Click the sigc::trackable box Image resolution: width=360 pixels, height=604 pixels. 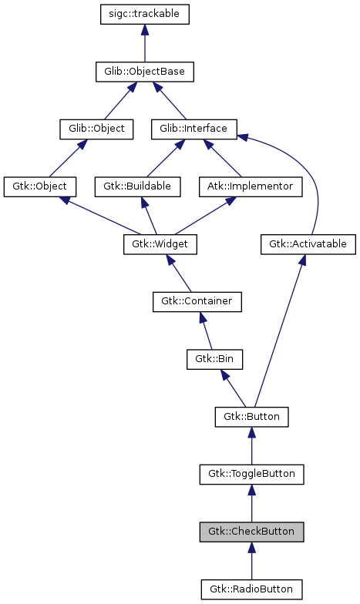click(x=145, y=14)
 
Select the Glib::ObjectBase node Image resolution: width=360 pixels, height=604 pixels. click(x=145, y=72)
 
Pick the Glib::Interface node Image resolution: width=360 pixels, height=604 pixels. click(x=193, y=128)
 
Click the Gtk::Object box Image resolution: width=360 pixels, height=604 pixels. click(x=39, y=186)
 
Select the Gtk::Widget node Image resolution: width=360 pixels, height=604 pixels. click(x=160, y=244)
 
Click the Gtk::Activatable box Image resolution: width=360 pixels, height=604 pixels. click(x=308, y=244)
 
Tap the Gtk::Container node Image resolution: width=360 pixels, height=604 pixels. click(x=197, y=301)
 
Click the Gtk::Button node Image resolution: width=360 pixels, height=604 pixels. click(x=251, y=417)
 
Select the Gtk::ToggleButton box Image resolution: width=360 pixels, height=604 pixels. click(x=251, y=474)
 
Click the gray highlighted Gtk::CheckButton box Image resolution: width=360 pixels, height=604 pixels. click(x=251, y=532)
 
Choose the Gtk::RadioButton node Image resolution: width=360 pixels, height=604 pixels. click(x=251, y=589)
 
